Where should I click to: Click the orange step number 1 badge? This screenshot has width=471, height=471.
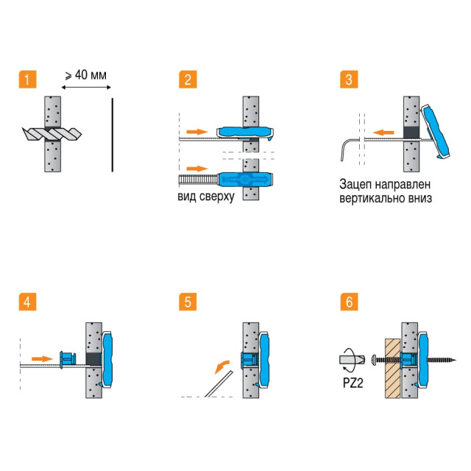pos(26,79)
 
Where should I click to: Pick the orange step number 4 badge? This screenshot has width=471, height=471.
pos(26,302)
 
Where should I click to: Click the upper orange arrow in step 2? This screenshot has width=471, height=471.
pos(196,130)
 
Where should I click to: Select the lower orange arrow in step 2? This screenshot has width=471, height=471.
pos(196,168)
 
